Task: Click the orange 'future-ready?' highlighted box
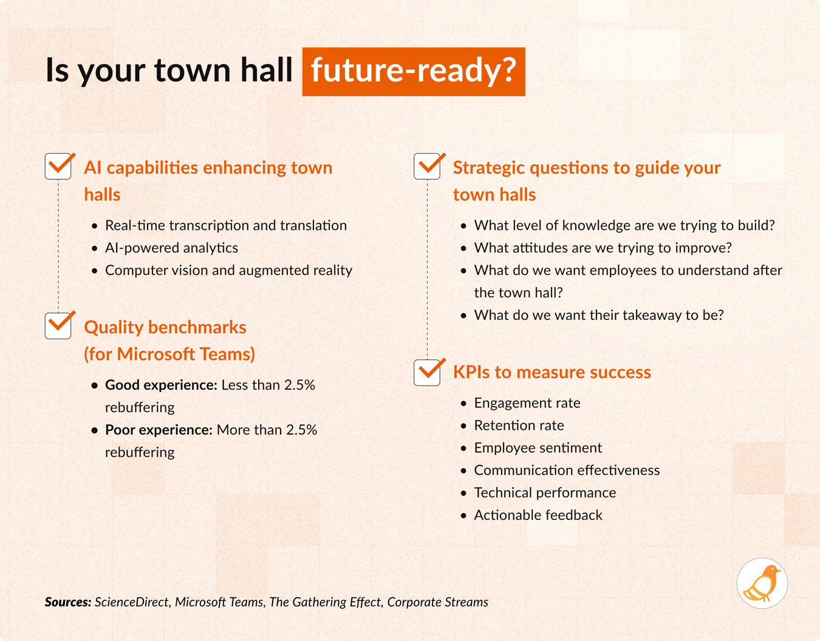pos(414,71)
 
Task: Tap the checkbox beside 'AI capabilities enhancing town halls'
pos(59,166)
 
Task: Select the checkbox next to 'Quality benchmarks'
pos(59,325)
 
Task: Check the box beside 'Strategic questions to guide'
pos(428,166)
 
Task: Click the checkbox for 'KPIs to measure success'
pos(428,372)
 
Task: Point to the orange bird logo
pos(762,583)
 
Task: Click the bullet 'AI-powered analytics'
pos(171,248)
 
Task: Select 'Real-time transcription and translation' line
pos(225,225)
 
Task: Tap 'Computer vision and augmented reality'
pos(228,270)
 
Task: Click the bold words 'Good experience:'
pos(161,385)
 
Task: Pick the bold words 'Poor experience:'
pos(159,430)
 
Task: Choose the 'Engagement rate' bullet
pos(527,403)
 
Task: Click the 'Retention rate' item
pos(519,425)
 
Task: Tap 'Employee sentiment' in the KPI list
pos(538,448)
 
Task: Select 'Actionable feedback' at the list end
pos(538,515)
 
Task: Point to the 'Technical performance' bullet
pos(545,493)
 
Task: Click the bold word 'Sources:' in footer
pos(68,602)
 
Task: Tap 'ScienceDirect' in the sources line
pos(132,602)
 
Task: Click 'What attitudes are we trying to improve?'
pos(603,248)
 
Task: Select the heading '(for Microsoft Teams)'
pos(169,354)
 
